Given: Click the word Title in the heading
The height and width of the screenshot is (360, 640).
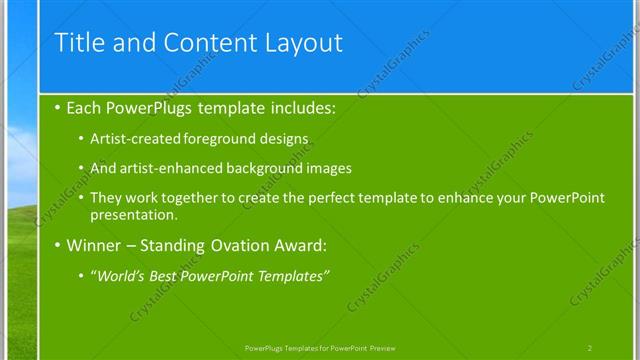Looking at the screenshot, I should coord(76,42).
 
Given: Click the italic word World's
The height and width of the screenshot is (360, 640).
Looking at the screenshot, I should coord(120,276).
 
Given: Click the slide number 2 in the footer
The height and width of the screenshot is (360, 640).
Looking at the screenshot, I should coord(590,347).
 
